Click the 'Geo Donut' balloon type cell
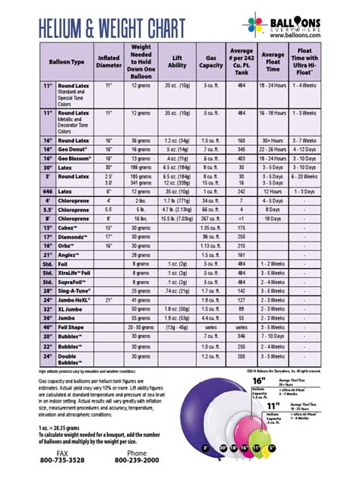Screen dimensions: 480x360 (x=74, y=150)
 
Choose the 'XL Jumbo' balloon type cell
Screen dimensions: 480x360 (x=72, y=308)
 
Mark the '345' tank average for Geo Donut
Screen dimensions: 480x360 (x=241, y=150)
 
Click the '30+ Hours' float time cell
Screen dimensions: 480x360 (x=273, y=141)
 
